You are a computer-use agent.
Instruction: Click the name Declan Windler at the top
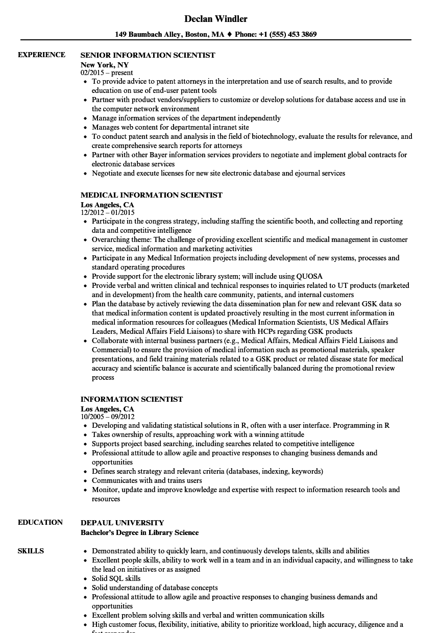click(216, 19)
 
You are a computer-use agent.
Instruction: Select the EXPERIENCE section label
click(41, 55)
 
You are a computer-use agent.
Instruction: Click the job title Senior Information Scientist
click(148, 55)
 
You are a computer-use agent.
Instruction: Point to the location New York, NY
click(105, 65)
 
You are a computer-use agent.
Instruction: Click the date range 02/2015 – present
click(107, 73)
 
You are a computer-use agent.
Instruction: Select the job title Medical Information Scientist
click(151, 195)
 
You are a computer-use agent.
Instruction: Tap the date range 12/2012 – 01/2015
click(108, 213)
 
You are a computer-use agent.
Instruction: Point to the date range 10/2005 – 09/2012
click(108, 417)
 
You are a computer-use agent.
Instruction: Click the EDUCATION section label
click(40, 522)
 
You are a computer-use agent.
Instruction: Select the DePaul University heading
click(122, 523)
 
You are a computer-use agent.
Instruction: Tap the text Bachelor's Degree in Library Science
click(139, 532)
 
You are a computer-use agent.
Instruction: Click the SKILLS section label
click(31, 551)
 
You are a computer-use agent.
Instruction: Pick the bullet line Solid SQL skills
click(116, 578)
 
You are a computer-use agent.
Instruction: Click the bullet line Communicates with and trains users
click(147, 480)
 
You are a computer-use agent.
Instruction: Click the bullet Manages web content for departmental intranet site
click(170, 127)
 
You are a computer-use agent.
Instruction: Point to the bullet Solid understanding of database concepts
click(155, 588)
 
